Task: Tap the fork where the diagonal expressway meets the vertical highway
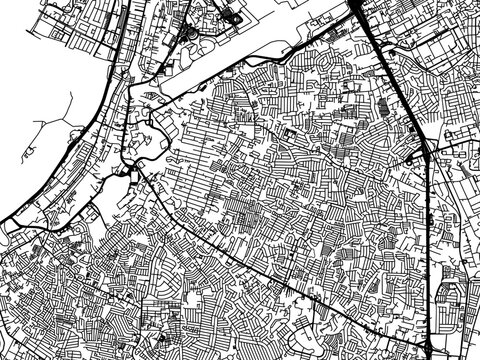pyautogui.click(x=427, y=150)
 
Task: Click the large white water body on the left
pyautogui.click(x=40, y=100)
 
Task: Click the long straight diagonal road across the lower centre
pyautogui.click(x=250, y=250)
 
